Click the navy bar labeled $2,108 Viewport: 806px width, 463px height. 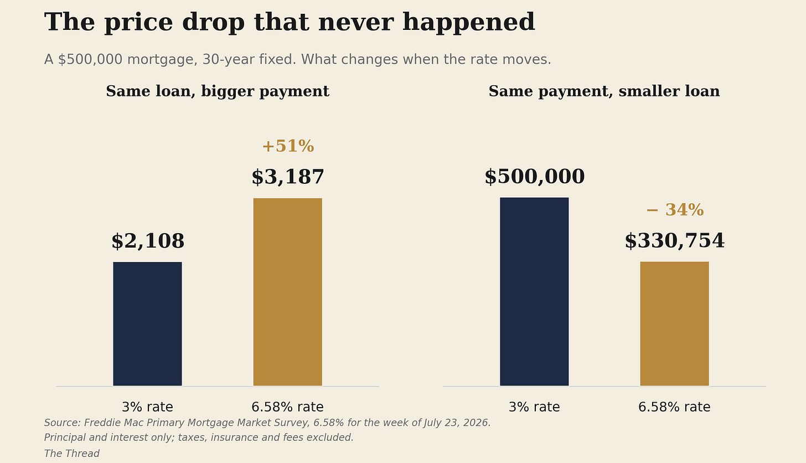click(147, 324)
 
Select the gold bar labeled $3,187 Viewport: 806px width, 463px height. click(287, 292)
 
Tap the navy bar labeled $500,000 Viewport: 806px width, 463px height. click(534, 292)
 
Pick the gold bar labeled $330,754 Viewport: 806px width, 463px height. click(674, 323)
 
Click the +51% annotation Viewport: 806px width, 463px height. click(288, 146)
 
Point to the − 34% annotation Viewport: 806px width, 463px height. click(675, 210)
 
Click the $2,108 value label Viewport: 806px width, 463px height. click(147, 241)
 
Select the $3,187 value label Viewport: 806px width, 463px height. click(287, 177)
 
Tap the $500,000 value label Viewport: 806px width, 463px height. click(534, 177)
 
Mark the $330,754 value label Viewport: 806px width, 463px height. click(674, 241)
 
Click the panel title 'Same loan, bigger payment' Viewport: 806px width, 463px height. click(218, 91)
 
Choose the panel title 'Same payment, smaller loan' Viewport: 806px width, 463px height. click(604, 91)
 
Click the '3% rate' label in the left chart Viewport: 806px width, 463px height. click(147, 407)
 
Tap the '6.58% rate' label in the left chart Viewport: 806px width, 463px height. click(287, 407)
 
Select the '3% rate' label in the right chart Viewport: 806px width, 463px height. click(534, 407)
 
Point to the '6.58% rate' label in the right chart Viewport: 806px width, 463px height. click(674, 407)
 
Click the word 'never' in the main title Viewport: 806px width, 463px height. click(355, 23)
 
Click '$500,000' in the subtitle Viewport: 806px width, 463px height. click(90, 59)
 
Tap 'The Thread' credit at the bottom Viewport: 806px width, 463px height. click(71, 454)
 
